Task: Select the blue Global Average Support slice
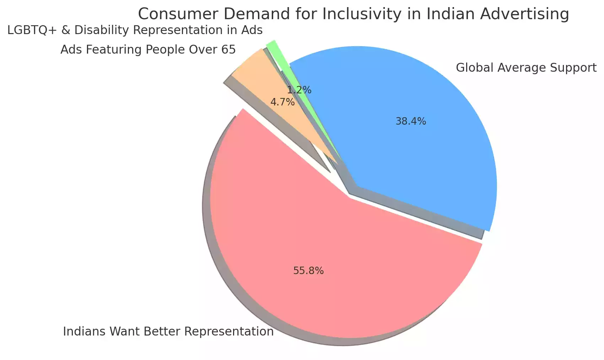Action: [426, 149]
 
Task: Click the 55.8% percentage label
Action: [308, 271]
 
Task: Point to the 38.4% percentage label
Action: [411, 121]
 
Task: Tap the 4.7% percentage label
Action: [282, 102]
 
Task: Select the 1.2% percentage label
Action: [299, 90]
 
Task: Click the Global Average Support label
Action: [526, 67]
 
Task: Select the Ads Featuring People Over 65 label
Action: [148, 49]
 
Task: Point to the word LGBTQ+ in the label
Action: [31, 30]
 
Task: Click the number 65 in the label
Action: [228, 49]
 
